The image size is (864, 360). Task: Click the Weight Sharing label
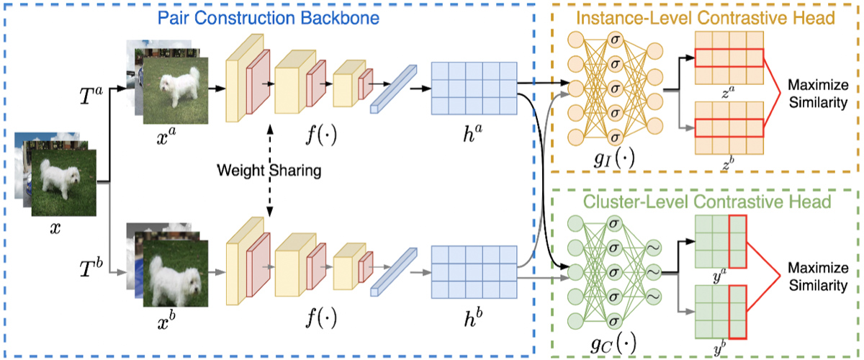tap(269, 172)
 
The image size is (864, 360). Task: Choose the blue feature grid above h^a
tap(474, 88)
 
